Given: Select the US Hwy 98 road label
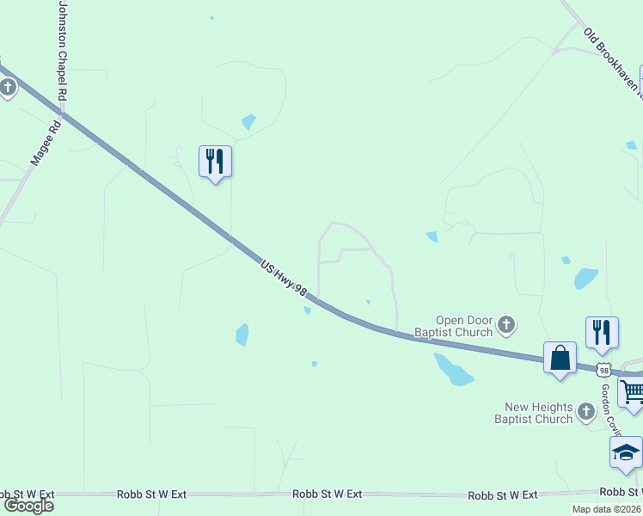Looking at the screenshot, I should point(284,279).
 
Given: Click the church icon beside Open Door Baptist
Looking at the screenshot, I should point(507,325).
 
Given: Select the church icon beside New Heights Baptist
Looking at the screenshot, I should point(586,412).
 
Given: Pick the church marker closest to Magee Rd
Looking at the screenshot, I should point(8,86).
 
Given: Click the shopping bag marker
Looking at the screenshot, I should point(560,357).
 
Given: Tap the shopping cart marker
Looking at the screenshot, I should point(632,392).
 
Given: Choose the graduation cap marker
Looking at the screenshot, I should point(626,451).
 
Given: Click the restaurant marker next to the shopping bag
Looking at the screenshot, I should point(603,332).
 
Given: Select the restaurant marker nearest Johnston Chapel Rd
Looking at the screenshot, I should point(215,161).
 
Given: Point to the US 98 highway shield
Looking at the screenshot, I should point(604,369).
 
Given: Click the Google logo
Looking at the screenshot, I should point(28,505).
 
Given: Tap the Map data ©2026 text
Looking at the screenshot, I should point(606,509).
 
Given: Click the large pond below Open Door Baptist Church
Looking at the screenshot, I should point(453,370).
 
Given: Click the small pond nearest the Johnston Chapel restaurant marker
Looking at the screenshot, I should point(248,122).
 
